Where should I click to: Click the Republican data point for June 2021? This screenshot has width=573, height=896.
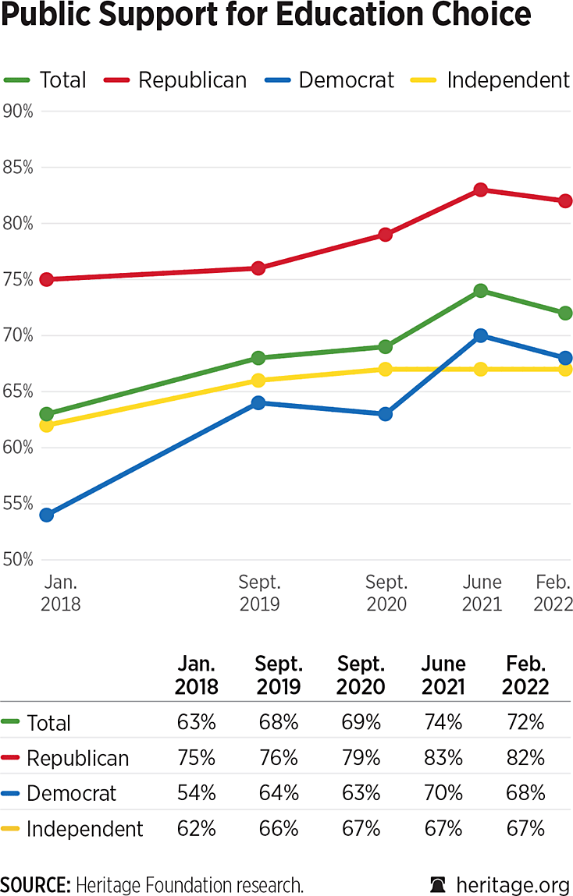pyautogui.click(x=481, y=189)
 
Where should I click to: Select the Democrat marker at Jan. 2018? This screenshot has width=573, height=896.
pyautogui.click(x=47, y=515)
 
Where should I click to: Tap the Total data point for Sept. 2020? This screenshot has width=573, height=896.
pyautogui.click(x=386, y=347)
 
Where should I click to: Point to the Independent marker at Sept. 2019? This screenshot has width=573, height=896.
pyautogui.click(x=258, y=381)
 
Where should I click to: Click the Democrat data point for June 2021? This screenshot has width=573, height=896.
pyautogui.click(x=481, y=335)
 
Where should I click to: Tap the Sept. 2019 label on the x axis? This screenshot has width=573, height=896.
pyautogui.click(x=261, y=593)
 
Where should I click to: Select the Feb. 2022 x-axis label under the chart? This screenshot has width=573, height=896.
pyautogui.click(x=554, y=593)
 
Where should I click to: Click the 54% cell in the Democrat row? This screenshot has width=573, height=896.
pyautogui.click(x=196, y=793)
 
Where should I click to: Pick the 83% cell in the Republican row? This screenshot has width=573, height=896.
pyautogui.click(x=443, y=758)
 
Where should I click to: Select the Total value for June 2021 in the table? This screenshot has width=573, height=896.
pyautogui.click(x=443, y=722)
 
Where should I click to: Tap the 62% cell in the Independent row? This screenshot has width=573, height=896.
pyautogui.click(x=196, y=828)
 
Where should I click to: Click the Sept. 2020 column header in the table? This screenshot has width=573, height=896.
pyautogui.click(x=361, y=675)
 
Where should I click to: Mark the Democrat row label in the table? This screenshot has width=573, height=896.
pyautogui.click(x=71, y=793)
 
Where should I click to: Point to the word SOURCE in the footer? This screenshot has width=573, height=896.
pyautogui.click(x=34, y=884)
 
